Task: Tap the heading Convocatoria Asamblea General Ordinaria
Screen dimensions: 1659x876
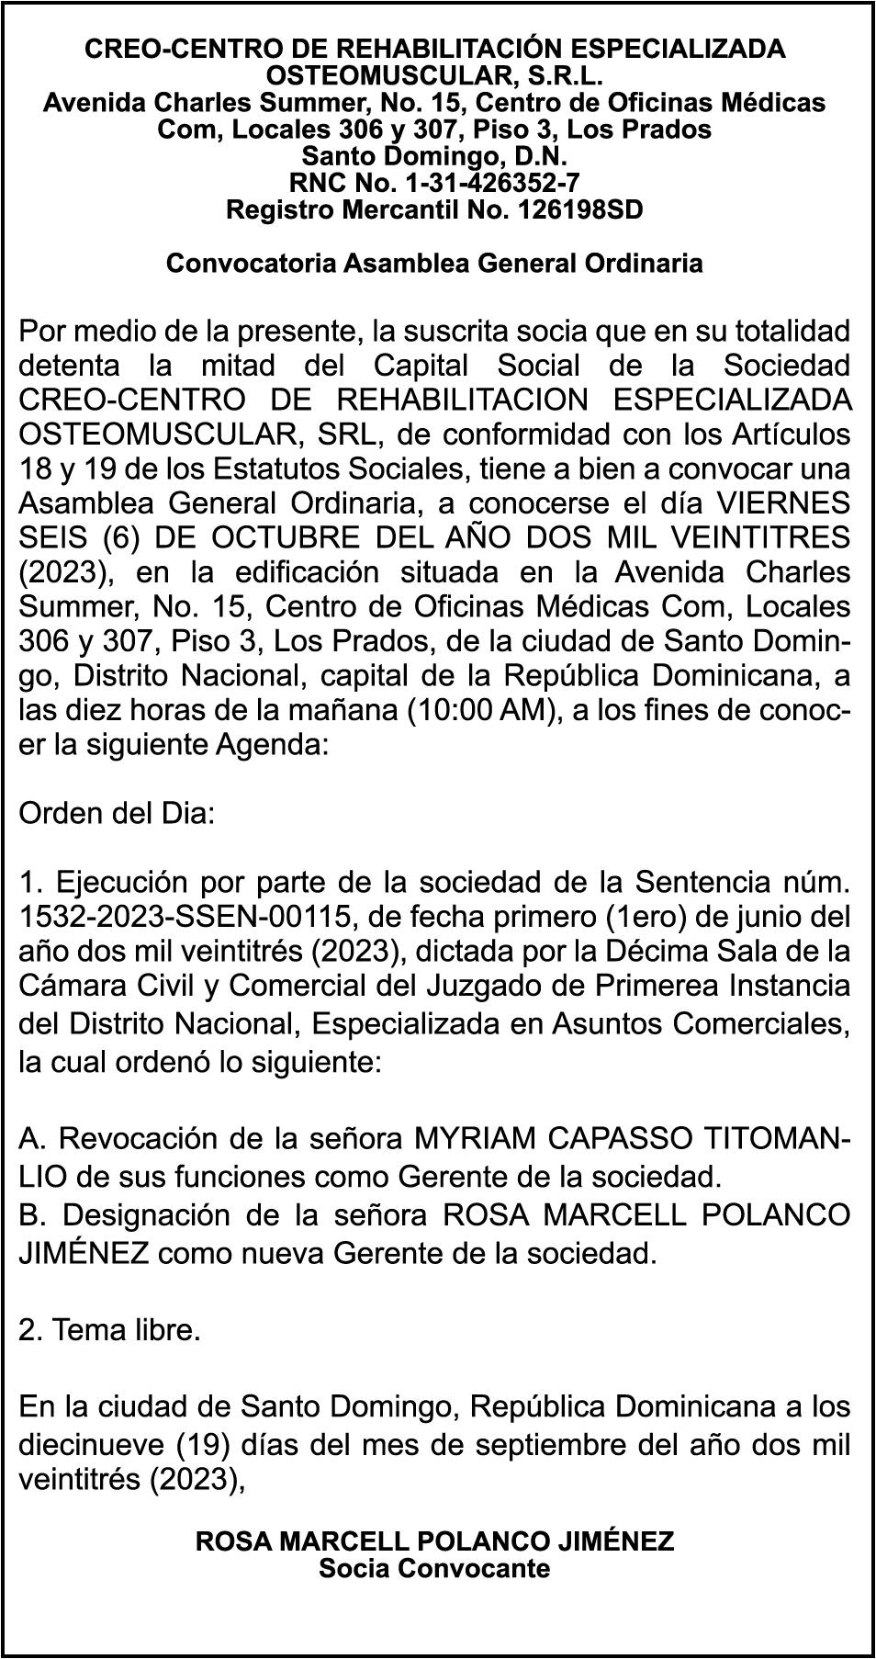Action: point(434,264)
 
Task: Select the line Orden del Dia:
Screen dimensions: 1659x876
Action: point(117,814)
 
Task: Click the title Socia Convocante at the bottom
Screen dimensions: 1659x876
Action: point(434,1568)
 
